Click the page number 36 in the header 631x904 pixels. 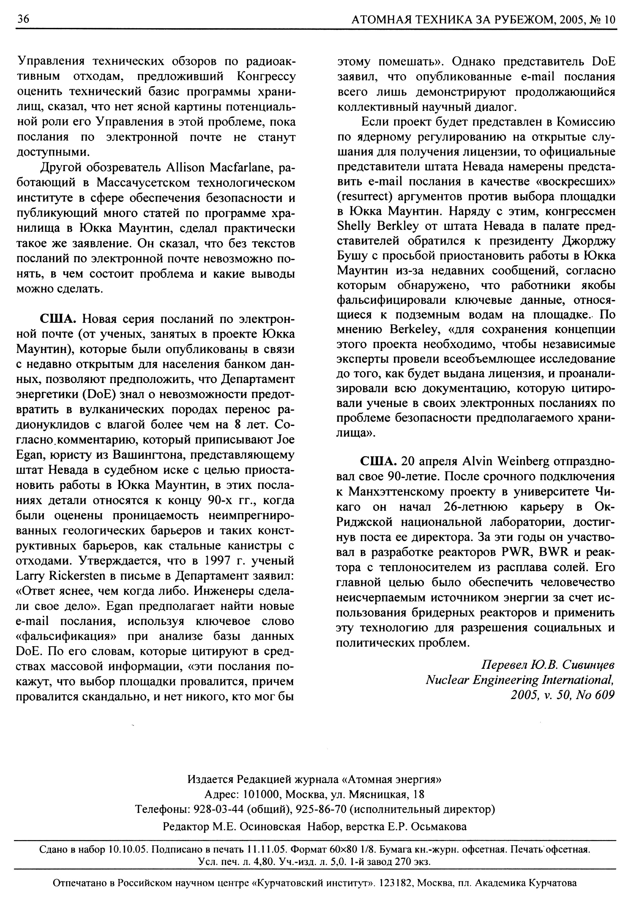click(23, 19)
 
